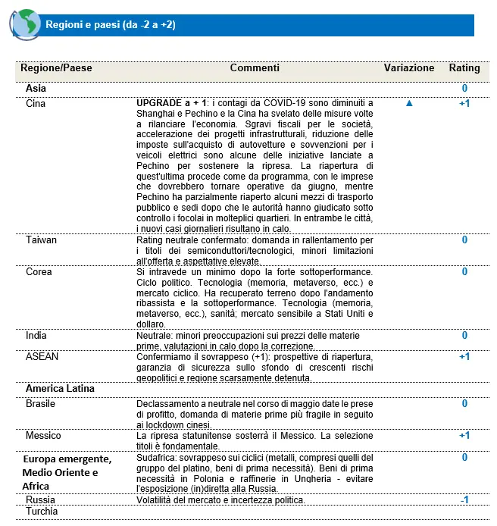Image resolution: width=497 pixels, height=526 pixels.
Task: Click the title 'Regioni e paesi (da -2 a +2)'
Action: tap(111, 25)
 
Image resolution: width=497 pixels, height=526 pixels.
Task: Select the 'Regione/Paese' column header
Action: tap(56, 68)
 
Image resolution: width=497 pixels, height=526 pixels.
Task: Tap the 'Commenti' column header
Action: tap(255, 68)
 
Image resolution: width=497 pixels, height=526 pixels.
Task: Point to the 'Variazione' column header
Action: tap(409, 68)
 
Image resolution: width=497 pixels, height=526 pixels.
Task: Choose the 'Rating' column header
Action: tap(464, 68)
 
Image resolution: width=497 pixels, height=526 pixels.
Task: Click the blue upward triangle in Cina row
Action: tap(409, 104)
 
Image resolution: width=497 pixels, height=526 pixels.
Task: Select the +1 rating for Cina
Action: tap(464, 103)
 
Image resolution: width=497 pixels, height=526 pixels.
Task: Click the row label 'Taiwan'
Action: tap(42, 240)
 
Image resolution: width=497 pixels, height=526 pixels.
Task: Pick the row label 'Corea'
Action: tap(39, 271)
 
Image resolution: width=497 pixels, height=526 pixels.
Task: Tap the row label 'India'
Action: tap(36, 335)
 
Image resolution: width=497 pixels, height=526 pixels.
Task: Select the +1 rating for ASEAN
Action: tap(464, 356)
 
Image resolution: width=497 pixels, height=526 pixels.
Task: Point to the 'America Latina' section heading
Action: tap(60, 389)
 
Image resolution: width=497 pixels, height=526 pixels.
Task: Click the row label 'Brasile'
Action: tap(41, 404)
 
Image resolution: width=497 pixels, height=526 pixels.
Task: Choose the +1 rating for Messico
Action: tap(464, 436)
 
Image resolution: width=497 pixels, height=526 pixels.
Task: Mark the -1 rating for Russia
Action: tap(464, 500)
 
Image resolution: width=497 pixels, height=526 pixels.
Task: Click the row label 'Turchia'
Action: tap(42, 512)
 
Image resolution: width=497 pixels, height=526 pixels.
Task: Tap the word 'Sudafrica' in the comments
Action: tap(158, 458)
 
